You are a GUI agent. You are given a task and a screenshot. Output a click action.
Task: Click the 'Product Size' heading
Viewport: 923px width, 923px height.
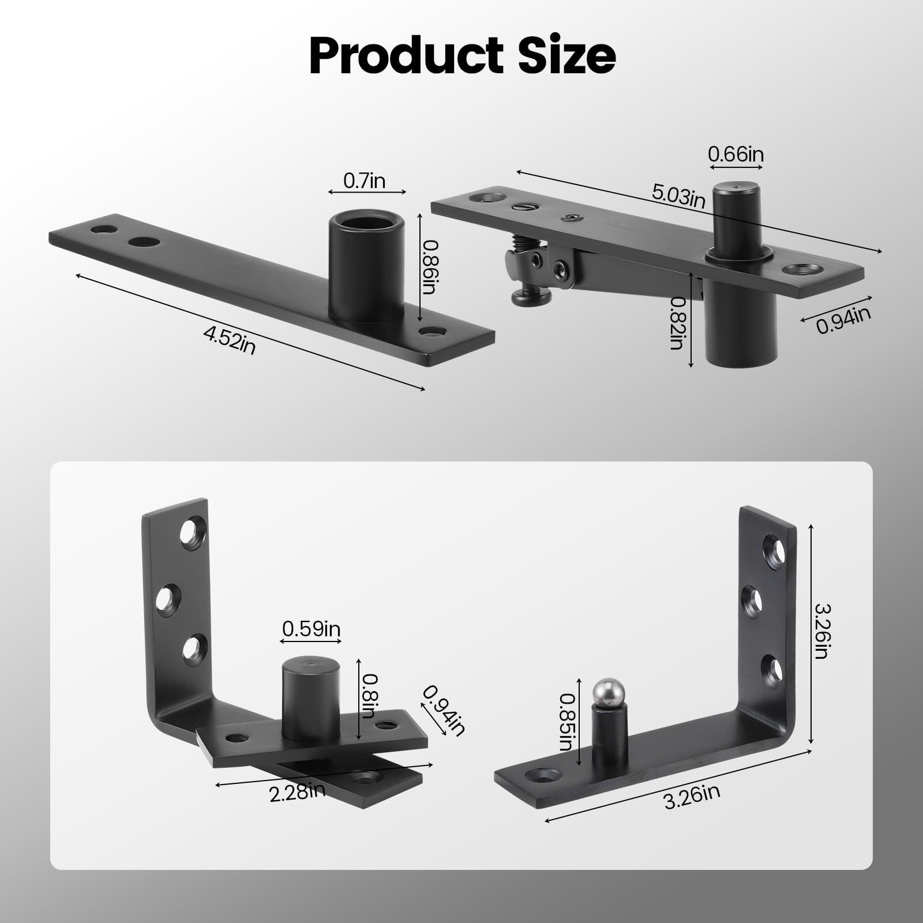tap(462, 56)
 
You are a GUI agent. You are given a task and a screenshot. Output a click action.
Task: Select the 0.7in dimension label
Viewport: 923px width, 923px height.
tap(364, 181)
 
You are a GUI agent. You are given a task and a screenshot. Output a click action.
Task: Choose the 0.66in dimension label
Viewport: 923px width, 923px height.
tap(736, 155)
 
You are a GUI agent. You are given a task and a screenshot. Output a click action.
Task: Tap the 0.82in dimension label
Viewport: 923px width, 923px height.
tap(676, 323)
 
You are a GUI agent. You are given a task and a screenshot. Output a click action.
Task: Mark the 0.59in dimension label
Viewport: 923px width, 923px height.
tap(311, 628)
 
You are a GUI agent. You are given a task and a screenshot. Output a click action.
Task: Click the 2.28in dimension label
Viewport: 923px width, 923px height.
tap(298, 792)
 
